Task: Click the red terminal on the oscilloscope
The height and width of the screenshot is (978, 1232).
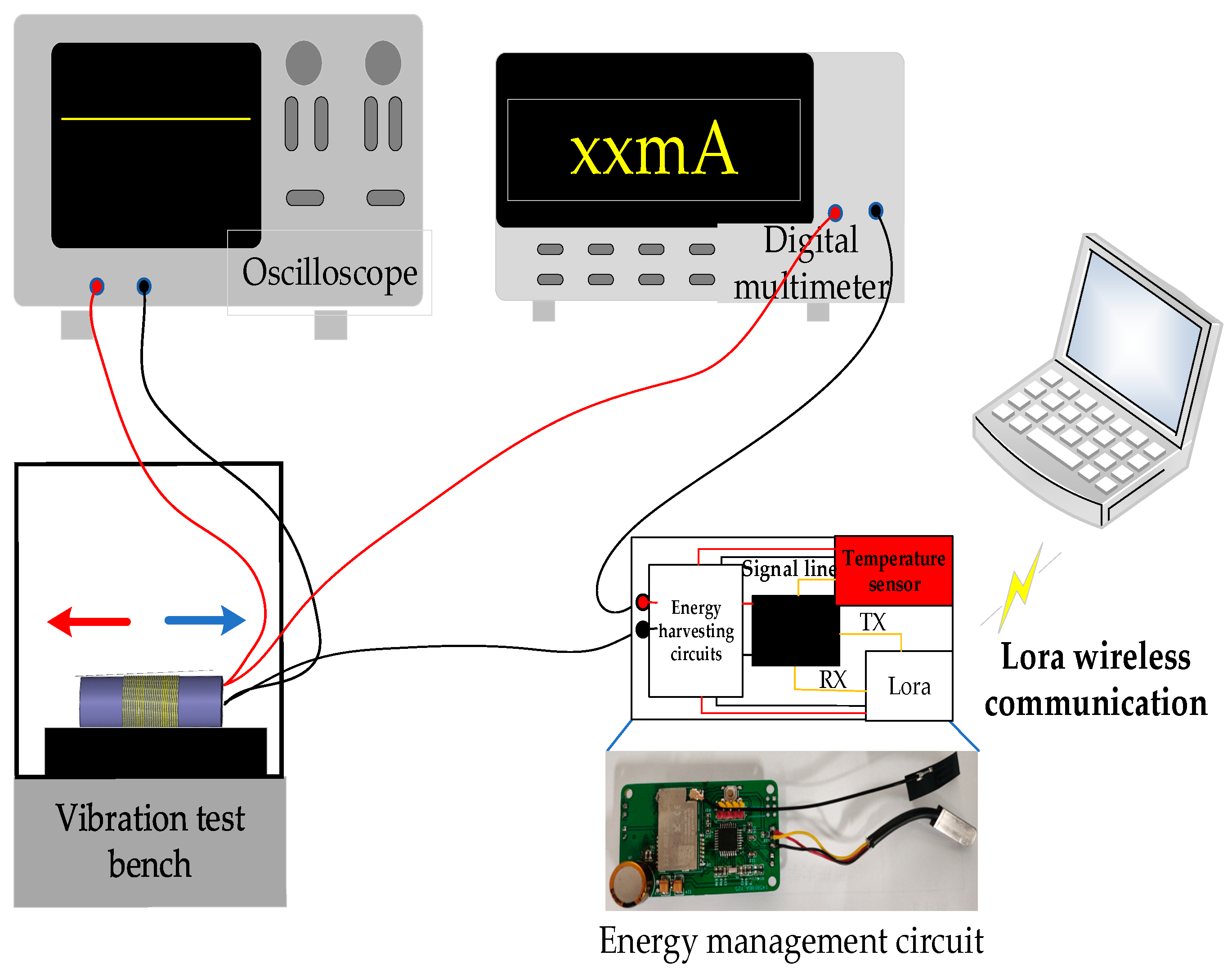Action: click(97, 286)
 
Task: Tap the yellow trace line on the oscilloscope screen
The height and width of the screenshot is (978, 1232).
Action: click(156, 119)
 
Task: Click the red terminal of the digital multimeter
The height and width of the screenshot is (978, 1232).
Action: click(835, 213)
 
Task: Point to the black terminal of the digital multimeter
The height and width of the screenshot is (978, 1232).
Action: click(875, 211)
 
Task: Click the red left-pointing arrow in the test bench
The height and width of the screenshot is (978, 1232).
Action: click(89, 621)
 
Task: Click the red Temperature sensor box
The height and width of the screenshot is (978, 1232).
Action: click(894, 571)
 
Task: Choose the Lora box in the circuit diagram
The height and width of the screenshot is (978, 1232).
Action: click(909, 686)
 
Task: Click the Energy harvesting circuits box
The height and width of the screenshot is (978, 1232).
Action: click(695, 631)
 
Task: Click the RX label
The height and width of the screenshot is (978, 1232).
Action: click(833, 680)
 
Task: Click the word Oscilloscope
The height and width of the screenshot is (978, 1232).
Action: click(330, 273)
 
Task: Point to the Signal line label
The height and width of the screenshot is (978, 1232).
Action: click(788, 569)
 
